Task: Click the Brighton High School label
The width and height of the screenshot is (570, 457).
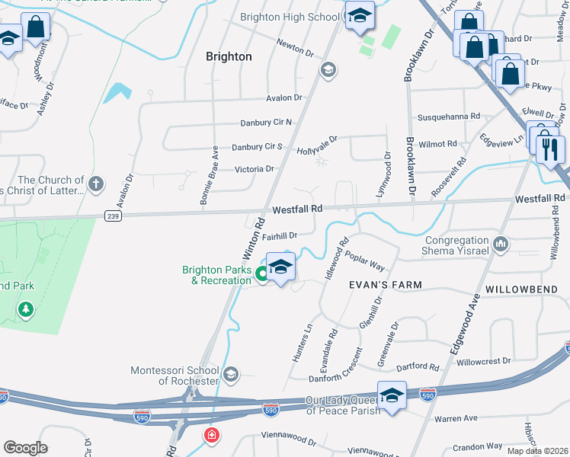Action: click(290, 17)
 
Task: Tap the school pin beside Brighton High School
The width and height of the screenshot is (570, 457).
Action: click(359, 15)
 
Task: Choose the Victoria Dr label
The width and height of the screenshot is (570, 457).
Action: click(254, 169)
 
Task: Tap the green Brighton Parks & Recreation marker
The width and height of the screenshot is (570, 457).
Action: click(262, 274)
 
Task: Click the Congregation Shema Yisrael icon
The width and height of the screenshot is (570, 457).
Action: click(501, 244)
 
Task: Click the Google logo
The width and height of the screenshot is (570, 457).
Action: click(25, 448)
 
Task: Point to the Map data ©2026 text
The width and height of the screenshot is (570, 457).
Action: click(537, 451)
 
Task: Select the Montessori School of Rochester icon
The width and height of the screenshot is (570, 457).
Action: click(232, 375)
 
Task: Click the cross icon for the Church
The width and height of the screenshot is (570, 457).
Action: click(95, 184)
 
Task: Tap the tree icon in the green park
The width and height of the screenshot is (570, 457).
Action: click(27, 308)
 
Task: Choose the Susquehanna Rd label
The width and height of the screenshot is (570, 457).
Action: click(449, 117)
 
